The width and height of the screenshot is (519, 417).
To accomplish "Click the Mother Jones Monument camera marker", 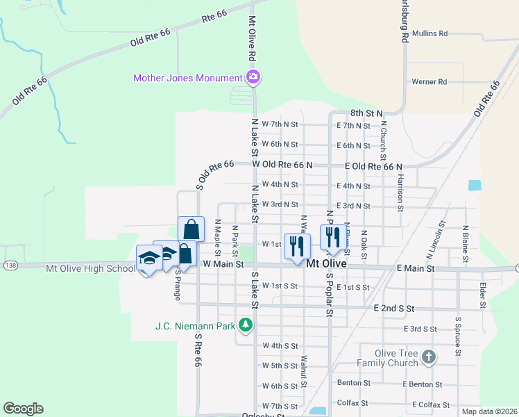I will click(253, 78).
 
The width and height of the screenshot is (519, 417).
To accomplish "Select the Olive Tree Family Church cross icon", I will click(429, 358).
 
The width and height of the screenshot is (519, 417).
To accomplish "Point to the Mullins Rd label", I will click(429, 33).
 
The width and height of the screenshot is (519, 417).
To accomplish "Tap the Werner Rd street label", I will click(429, 82).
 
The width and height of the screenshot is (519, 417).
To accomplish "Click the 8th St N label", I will click(366, 113).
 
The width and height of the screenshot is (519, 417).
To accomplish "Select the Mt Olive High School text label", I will click(91, 268).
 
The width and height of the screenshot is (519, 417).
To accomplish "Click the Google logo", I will click(24, 409).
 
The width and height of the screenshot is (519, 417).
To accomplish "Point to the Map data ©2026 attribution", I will click(489, 411).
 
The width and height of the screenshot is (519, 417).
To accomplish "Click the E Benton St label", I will click(422, 384).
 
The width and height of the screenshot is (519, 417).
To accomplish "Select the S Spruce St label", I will click(458, 337).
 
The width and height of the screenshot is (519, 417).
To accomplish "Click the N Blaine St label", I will click(466, 243).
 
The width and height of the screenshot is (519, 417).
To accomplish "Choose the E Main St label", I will click(416, 268).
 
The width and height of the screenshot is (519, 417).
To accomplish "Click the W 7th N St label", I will click(280, 125).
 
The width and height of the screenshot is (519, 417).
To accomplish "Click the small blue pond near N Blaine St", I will click(475, 186).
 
